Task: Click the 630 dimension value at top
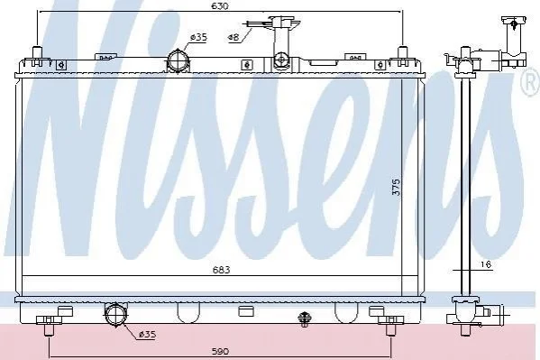click(x=219, y=5)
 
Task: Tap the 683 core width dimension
click(x=221, y=270)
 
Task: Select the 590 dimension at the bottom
click(x=220, y=351)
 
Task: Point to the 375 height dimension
click(x=397, y=187)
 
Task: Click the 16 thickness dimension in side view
click(x=485, y=264)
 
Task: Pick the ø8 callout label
click(x=233, y=37)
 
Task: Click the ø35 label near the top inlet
click(x=198, y=37)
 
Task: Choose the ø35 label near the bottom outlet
click(x=147, y=334)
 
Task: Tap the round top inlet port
click(x=178, y=61)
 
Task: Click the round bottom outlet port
click(x=116, y=313)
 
